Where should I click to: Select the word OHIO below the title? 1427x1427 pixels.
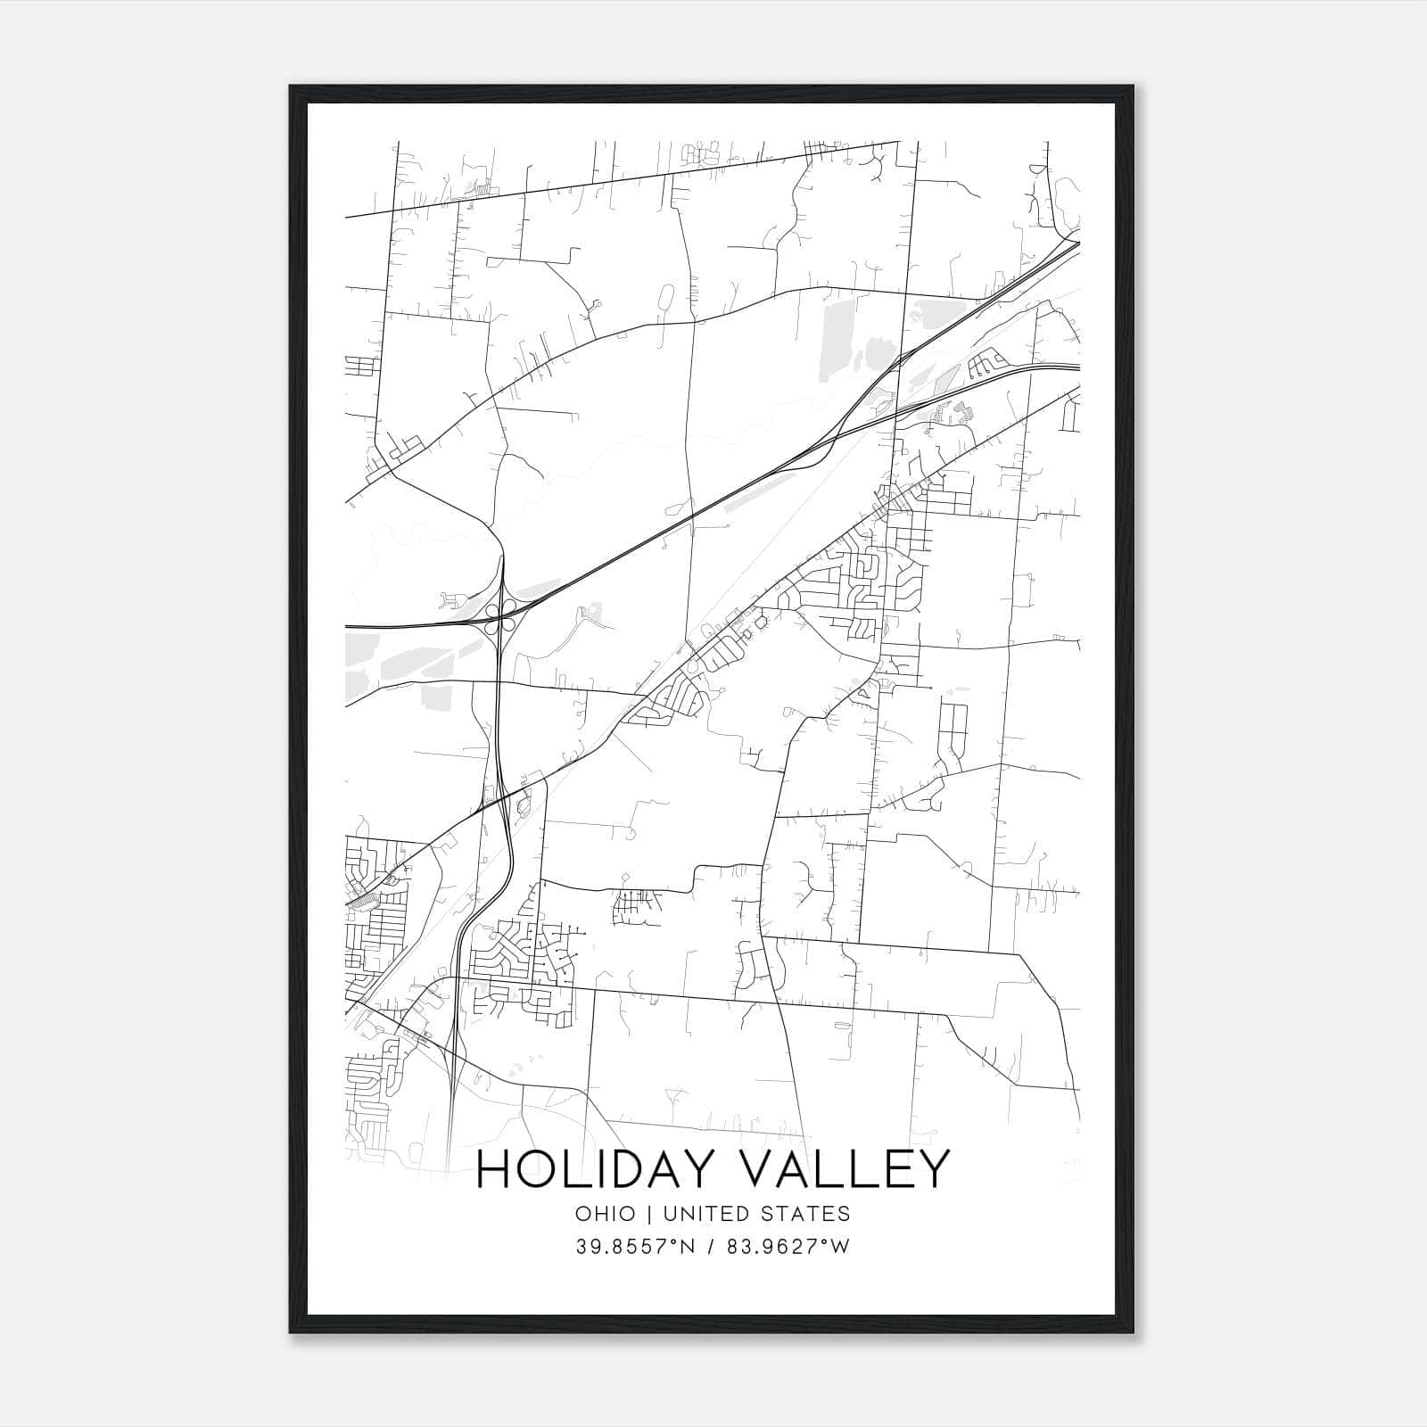pyautogui.click(x=606, y=1214)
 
